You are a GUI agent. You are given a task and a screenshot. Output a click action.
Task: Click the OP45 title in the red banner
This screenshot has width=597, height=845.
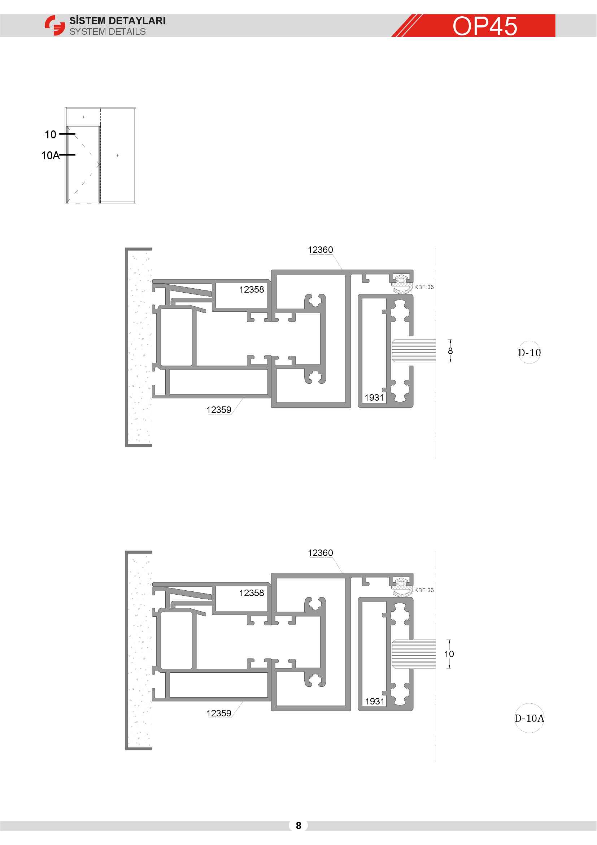coord(484,26)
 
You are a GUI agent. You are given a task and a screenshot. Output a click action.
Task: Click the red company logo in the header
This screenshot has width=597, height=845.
coord(55,25)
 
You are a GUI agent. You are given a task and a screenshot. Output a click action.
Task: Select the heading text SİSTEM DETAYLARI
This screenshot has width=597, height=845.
coord(117,21)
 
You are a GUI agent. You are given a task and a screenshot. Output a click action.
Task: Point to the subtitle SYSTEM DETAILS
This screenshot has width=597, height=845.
coord(107,32)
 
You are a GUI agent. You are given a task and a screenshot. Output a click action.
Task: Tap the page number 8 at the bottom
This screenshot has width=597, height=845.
coord(298,825)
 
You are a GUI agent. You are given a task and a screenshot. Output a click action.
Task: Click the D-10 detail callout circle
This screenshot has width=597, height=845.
coord(530,353)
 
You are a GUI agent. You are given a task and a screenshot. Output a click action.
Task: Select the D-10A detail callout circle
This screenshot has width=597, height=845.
coord(530,718)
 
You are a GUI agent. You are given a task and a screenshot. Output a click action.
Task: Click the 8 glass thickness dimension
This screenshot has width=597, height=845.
coord(450,351)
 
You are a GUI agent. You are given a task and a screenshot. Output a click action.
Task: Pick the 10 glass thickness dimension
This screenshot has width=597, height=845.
coord(449,654)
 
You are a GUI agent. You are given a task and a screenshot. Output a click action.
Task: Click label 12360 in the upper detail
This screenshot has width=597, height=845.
coord(320,250)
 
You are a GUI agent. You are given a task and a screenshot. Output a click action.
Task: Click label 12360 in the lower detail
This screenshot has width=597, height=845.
coord(320,553)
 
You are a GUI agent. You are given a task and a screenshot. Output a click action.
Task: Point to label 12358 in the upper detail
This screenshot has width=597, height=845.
coord(252,290)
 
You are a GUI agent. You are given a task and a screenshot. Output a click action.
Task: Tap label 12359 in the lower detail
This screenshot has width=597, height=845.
coord(219,713)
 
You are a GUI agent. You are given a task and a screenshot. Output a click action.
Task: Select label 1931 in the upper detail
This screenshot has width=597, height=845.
coord(374,397)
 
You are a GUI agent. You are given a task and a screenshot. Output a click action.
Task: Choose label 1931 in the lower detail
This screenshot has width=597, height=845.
coord(375,701)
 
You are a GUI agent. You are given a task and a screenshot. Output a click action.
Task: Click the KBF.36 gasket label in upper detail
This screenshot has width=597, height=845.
coord(424,287)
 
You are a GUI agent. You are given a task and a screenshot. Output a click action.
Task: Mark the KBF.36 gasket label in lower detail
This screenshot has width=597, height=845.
coord(424,590)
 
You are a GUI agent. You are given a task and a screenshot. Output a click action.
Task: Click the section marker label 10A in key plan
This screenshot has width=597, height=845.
coord(51,156)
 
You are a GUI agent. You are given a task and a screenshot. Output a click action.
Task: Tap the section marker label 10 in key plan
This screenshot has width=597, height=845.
coord(51,135)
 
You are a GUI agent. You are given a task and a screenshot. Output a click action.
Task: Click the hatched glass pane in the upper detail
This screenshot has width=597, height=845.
coord(414,351)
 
